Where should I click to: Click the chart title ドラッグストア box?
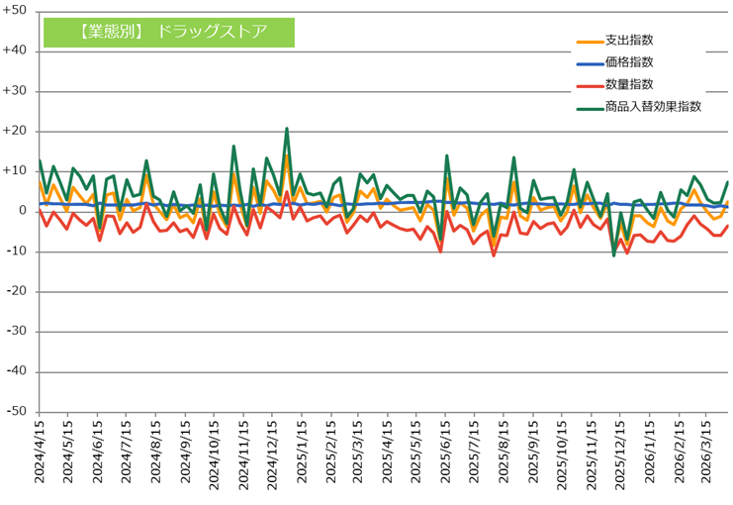click(169, 33)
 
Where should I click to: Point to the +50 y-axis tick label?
click(15, 10)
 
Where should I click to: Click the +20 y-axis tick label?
click(15, 131)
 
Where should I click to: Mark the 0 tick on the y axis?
click(23, 211)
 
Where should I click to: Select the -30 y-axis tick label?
click(17, 331)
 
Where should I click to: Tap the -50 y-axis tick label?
click(17, 411)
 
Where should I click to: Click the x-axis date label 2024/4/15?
click(40, 452)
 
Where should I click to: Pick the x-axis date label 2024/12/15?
click(272, 454)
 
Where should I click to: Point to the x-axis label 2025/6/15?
click(445, 452)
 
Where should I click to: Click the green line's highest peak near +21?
click(287, 129)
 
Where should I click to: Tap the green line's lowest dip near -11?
click(613, 255)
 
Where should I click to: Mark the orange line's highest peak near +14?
click(287, 154)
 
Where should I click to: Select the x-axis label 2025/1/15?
click(302, 452)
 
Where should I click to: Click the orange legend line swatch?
click(590, 43)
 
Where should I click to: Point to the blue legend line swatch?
click(590, 64)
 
